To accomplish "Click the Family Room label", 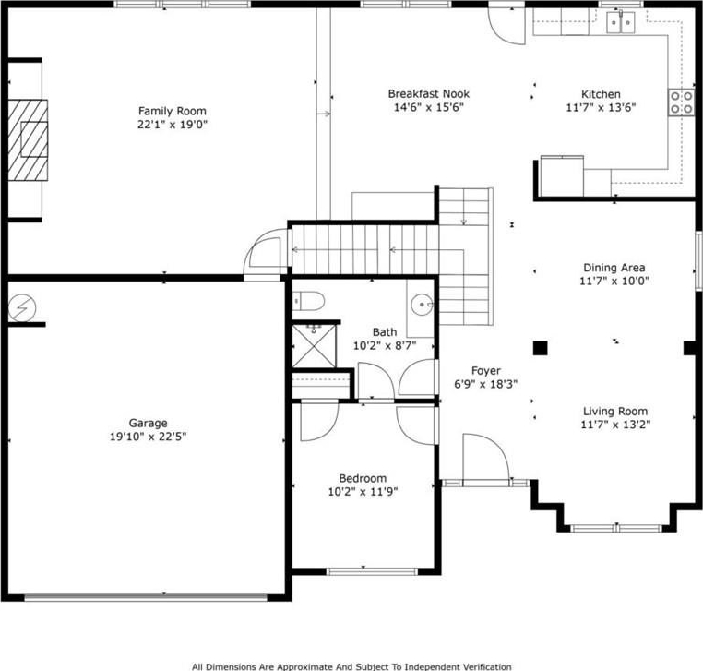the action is (x=173, y=111).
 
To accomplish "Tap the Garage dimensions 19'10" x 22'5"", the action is (x=148, y=437).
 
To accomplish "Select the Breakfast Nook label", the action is (x=429, y=94).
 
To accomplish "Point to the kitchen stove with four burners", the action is (x=682, y=102).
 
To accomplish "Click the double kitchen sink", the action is (x=621, y=22).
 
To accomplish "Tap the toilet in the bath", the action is (x=308, y=301).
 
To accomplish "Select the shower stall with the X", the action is (x=314, y=346).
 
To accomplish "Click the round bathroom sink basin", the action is (x=422, y=305).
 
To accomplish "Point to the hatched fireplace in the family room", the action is (x=28, y=140).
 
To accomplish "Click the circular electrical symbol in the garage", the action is (x=22, y=308).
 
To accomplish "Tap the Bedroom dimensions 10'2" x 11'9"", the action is (x=363, y=492).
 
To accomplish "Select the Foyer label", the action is (x=486, y=371).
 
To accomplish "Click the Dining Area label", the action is (x=614, y=268).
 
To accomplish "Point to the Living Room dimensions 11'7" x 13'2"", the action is (x=615, y=425).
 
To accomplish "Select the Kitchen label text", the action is (x=601, y=94).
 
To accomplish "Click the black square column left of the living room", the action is (x=541, y=349).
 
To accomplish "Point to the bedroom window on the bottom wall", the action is (x=372, y=571).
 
